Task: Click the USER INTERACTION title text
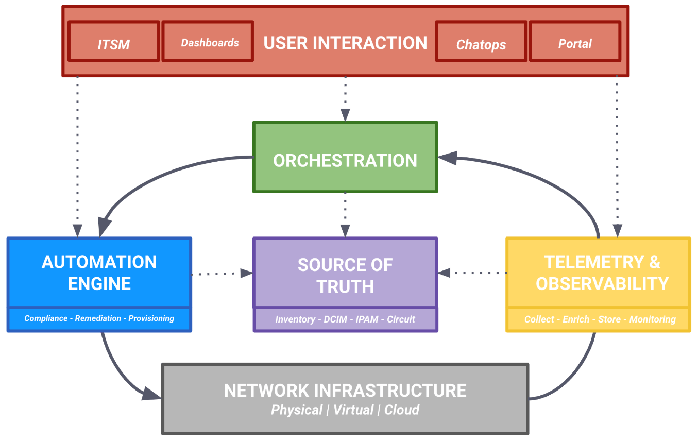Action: (345, 43)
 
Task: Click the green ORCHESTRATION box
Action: (345, 160)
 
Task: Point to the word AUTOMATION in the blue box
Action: (99, 262)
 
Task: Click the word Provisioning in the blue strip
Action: (151, 318)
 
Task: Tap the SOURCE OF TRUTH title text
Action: (345, 275)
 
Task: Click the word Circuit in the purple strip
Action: (401, 319)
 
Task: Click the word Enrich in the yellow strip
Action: (576, 319)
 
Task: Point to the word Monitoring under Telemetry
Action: (652, 319)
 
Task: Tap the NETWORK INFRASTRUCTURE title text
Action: (345, 390)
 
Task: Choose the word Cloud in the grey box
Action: (402, 410)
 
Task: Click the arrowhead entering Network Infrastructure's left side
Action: (152, 394)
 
